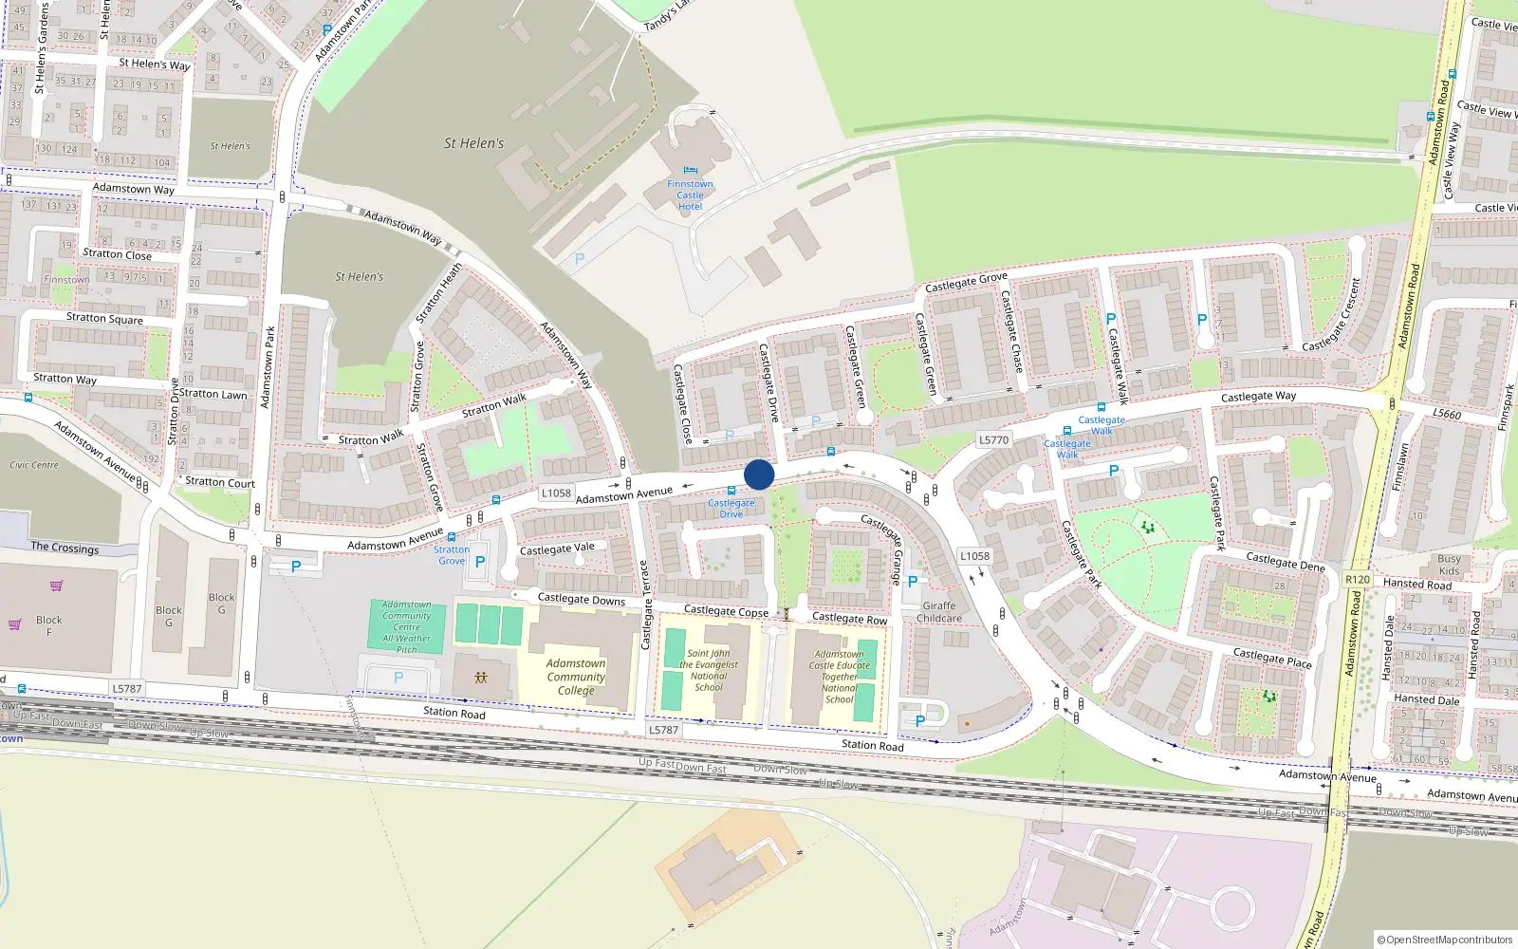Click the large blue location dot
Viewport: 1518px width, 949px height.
[x=759, y=474]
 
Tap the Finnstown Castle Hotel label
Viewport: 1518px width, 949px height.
[x=690, y=195]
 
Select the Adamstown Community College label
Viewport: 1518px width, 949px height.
[x=576, y=677]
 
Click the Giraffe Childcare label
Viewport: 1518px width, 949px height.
[x=938, y=612]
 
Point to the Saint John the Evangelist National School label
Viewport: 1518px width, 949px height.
[x=709, y=670]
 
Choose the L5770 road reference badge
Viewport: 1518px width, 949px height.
[x=993, y=440]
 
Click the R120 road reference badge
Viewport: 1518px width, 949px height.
[x=1358, y=579]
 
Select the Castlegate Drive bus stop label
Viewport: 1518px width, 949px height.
[x=731, y=509]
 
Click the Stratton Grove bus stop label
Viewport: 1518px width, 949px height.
[x=452, y=555]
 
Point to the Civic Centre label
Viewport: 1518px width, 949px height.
[x=34, y=465]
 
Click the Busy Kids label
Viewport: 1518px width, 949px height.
[x=1449, y=565]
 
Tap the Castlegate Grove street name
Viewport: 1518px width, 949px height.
[x=966, y=282]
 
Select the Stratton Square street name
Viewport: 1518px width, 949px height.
[x=104, y=318]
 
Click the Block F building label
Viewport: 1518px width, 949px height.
[x=49, y=625]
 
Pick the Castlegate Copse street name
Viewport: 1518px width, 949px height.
[x=726, y=611]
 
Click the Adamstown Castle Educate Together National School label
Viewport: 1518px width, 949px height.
[x=840, y=677]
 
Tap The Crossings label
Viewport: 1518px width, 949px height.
[x=65, y=547]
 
